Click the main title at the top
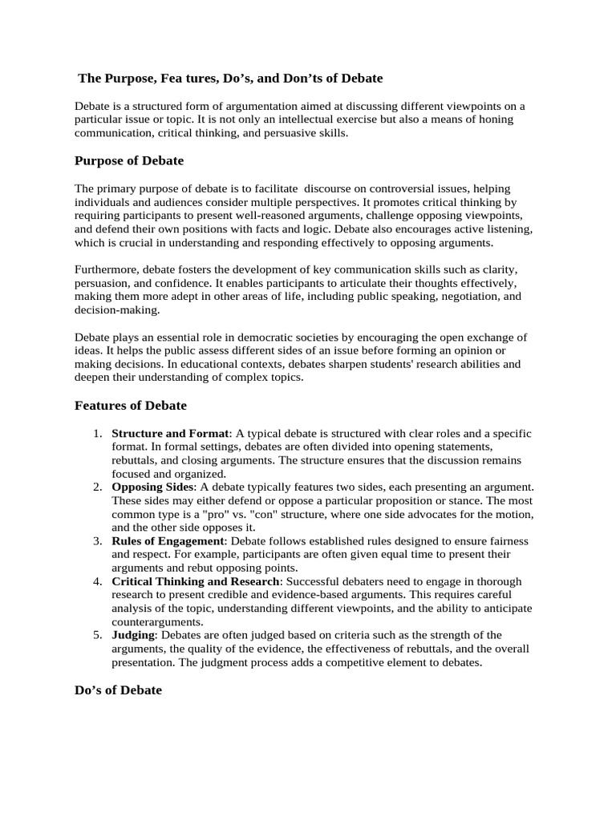(x=230, y=79)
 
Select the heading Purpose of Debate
(x=129, y=160)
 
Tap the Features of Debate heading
(x=131, y=406)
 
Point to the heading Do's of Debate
(x=118, y=690)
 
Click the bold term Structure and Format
(x=170, y=434)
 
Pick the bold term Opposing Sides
(x=152, y=487)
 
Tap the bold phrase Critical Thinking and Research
(x=197, y=581)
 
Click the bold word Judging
(x=133, y=635)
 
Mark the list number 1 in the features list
(x=97, y=434)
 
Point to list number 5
(x=97, y=635)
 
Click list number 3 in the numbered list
(x=97, y=541)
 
